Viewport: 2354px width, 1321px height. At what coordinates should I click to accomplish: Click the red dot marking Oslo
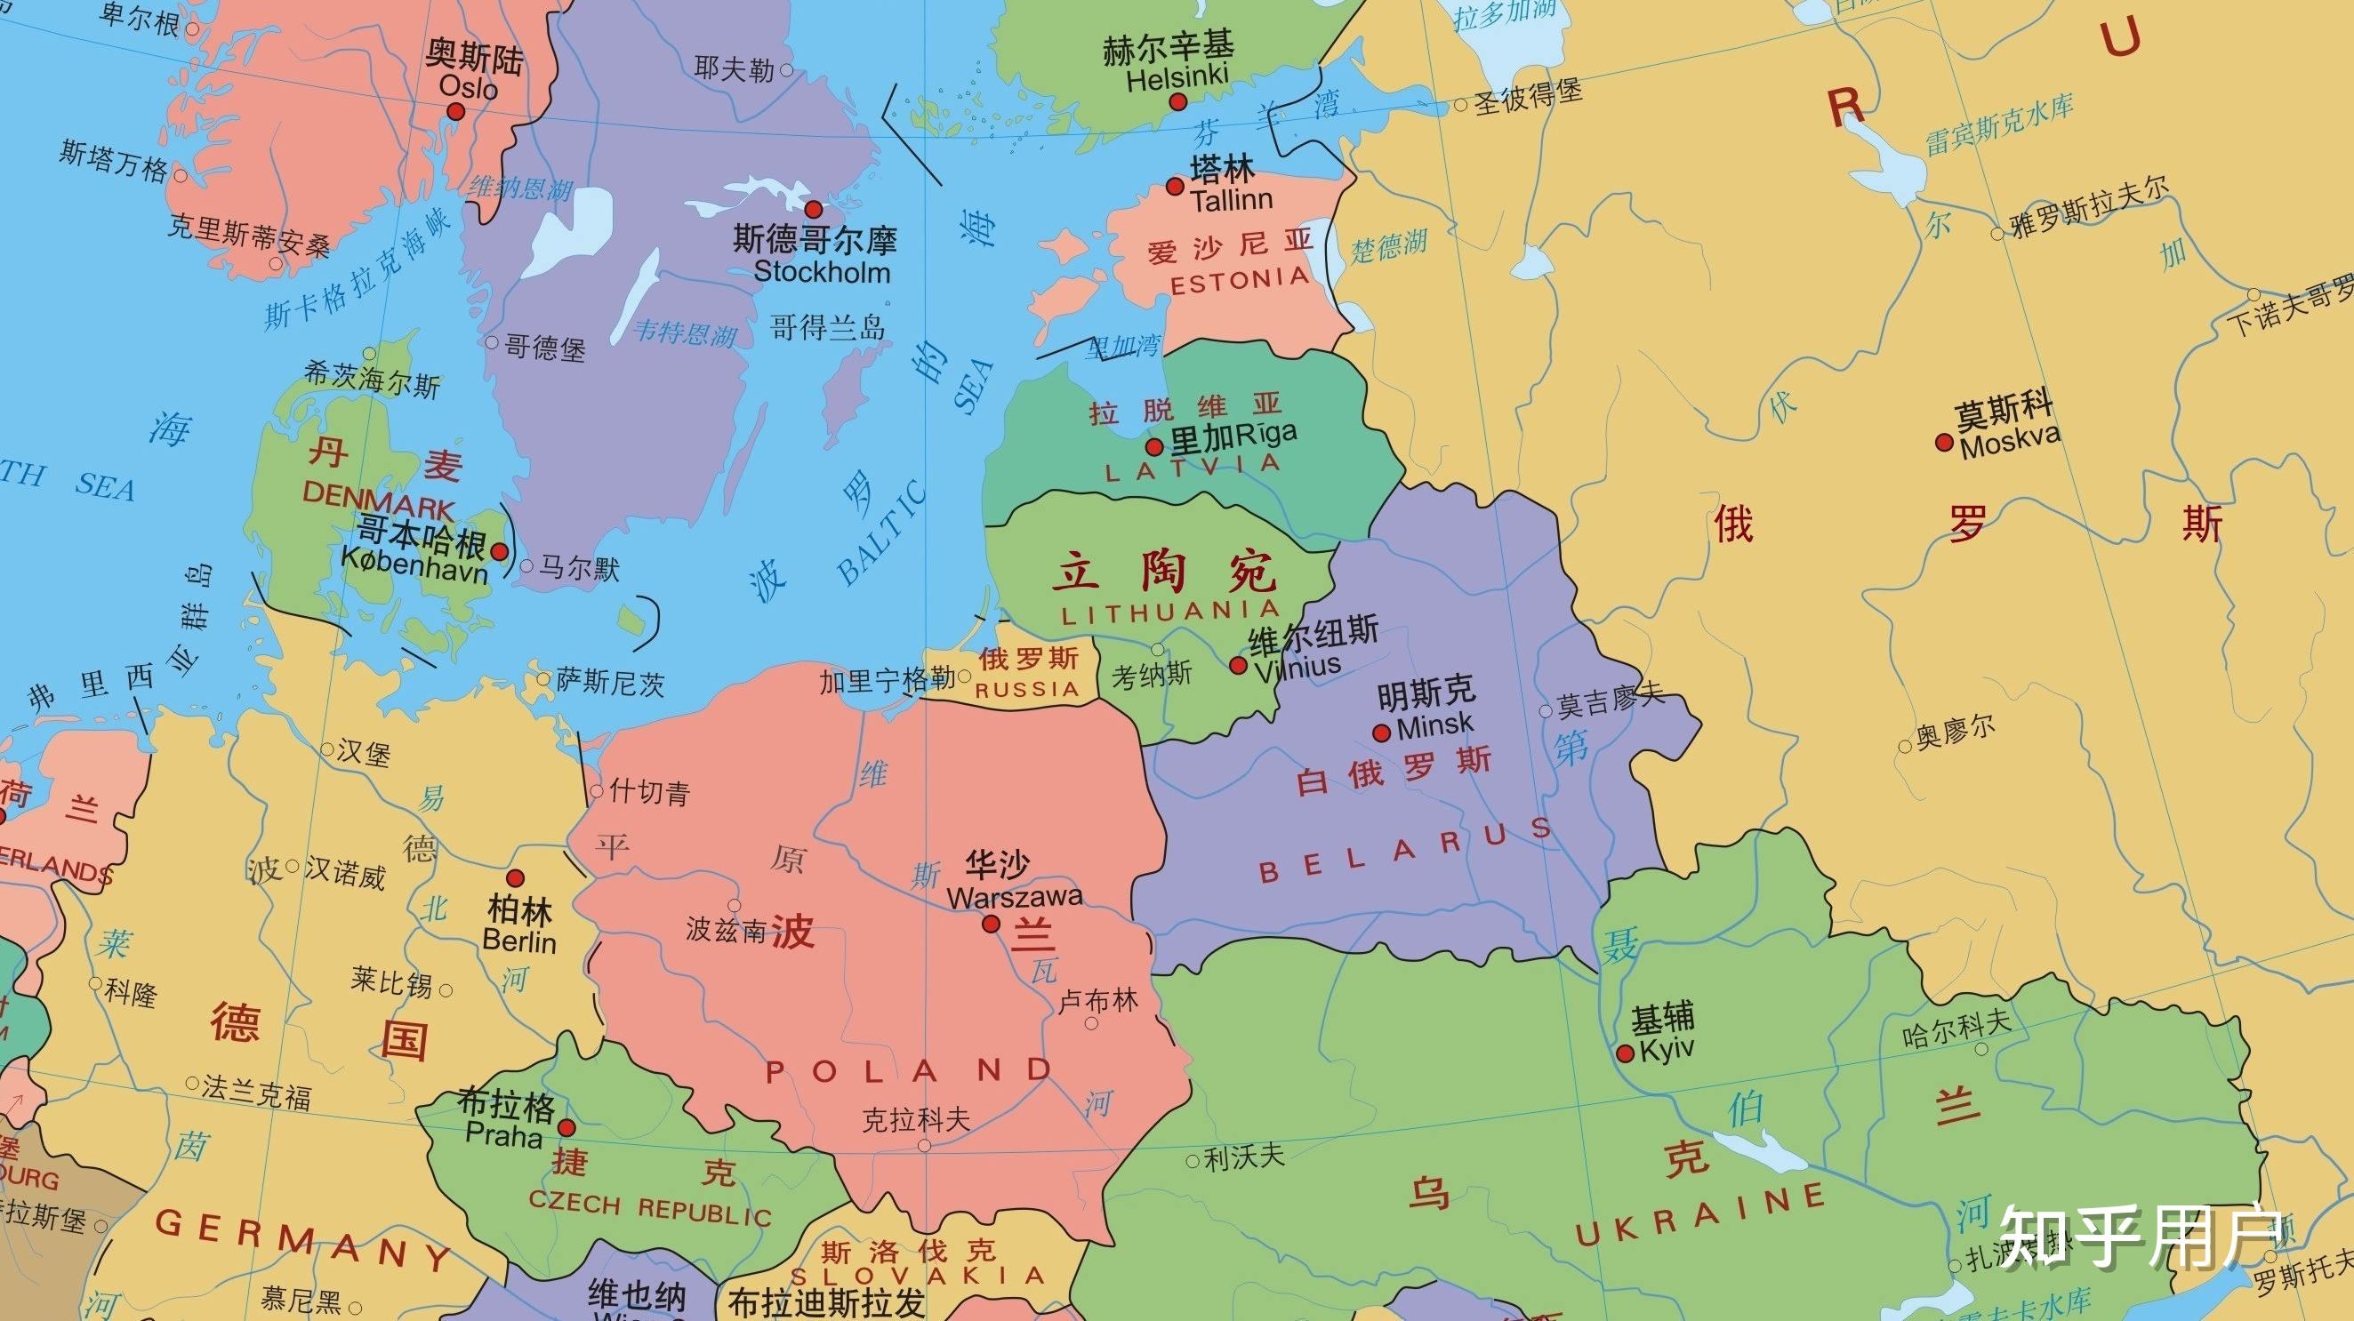click(455, 111)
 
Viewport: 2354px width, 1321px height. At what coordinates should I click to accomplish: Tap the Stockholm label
click(821, 272)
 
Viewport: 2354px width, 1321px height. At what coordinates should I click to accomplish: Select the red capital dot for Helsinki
click(1179, 102)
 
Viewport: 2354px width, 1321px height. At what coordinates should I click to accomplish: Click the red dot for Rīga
click(1154, 447)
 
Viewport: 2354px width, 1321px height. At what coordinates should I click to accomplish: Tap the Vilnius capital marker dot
click(1238, 665)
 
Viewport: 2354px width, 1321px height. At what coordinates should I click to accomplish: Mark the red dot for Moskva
click(1945, 443)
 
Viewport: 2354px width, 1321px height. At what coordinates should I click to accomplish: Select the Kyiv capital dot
click(1625, 1053)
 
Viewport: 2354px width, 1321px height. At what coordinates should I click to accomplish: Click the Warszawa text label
click(1015, 896)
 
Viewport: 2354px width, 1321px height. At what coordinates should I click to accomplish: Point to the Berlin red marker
click(516, 878)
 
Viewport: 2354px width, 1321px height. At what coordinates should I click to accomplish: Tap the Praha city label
click(503, 1135)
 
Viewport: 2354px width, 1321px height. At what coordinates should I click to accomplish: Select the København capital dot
click(500, 552)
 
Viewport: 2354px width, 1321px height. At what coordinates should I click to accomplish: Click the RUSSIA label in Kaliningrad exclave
click(1027, 690)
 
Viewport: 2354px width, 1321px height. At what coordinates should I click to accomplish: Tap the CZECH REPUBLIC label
click(650, 1208)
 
